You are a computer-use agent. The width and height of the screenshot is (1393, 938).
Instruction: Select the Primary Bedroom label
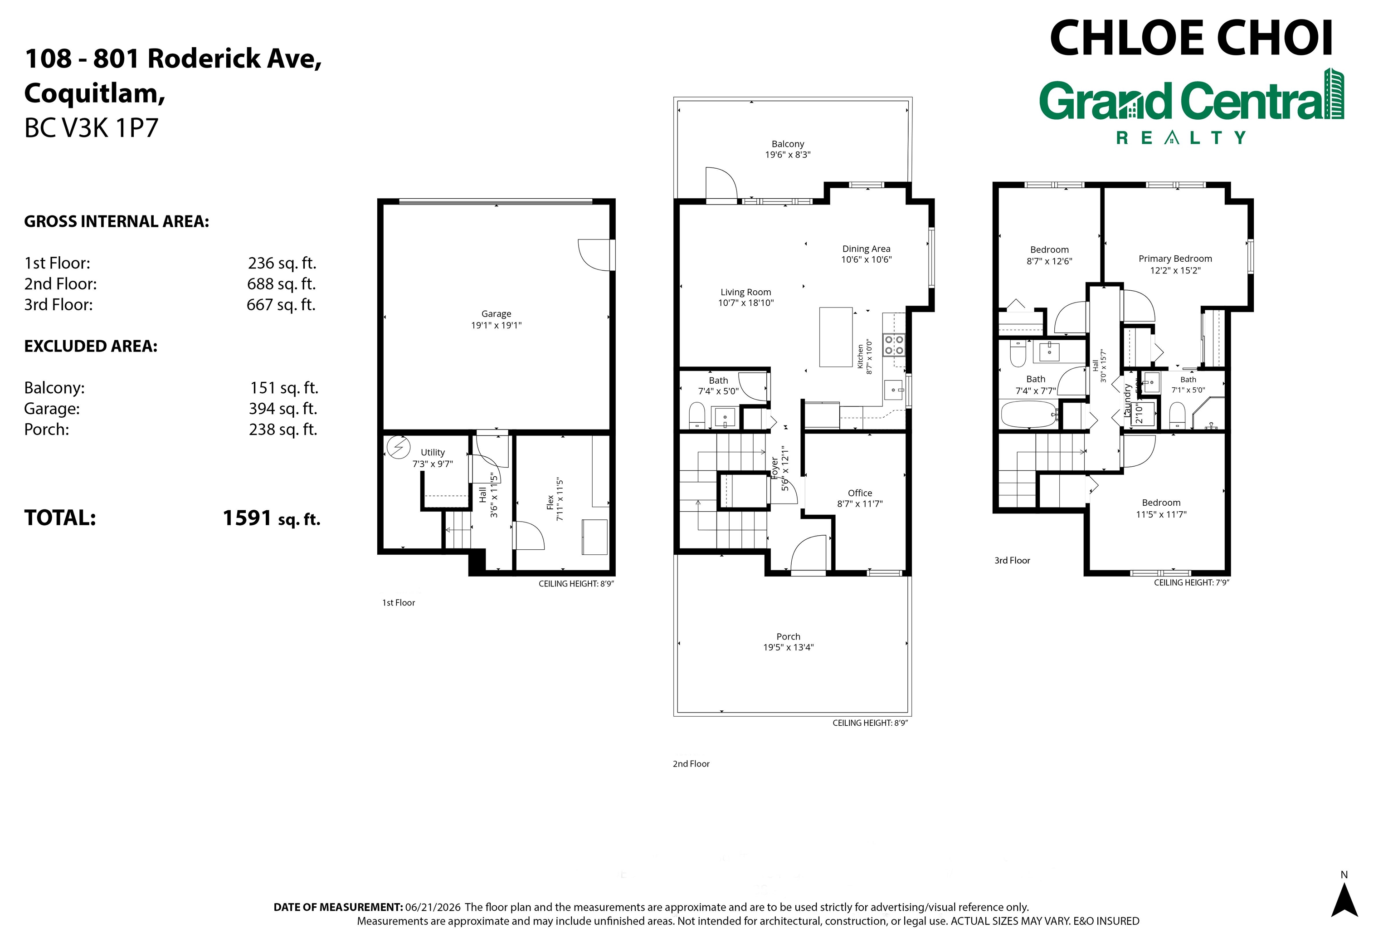coord(1175,259)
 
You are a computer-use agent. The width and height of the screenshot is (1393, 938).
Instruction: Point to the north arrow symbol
coord(1344,900)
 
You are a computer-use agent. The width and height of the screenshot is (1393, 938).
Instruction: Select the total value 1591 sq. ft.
coord(272,518)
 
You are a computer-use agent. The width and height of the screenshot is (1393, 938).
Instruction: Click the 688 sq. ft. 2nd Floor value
coord(281,283)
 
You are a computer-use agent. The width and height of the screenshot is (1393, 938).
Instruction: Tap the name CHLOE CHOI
coord(1191,38)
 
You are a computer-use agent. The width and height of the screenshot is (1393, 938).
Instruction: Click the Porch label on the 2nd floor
coord(788,636)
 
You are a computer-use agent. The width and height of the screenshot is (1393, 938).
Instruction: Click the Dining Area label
coord(866,249)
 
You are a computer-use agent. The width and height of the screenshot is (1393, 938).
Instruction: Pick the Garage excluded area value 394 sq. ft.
coord(283,409)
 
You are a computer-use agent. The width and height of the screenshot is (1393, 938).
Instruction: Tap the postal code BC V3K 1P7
coord(92,128)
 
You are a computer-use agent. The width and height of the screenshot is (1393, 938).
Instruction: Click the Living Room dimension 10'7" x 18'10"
coord(746,303)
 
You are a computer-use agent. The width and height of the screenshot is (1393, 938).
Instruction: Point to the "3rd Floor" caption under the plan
coord(1012,561)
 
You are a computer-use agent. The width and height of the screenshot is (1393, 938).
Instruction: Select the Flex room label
coord(550,503)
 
